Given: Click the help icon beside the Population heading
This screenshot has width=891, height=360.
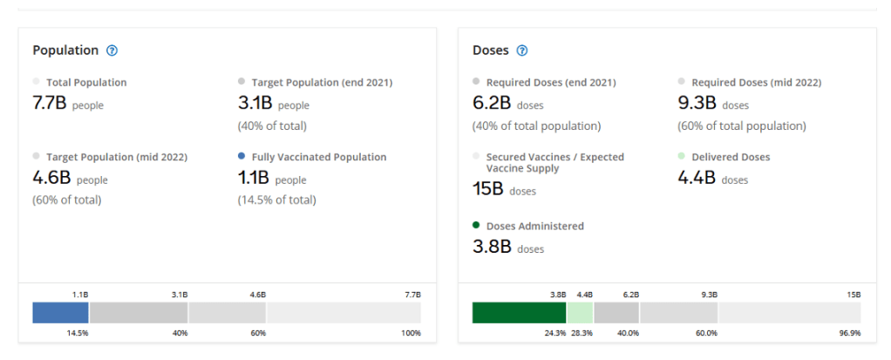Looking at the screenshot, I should point(112,51).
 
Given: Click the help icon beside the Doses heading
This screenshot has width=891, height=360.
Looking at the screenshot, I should point(522,51).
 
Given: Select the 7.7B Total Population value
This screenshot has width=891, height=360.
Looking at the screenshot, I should point(49,103).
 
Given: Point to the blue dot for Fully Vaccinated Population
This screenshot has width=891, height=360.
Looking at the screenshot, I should point(241,157).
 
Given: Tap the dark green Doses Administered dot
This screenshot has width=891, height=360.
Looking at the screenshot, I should point(476,225).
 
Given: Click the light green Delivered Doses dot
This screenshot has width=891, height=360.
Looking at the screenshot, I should point(682,157).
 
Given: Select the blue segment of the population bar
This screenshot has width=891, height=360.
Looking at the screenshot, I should point(60,313).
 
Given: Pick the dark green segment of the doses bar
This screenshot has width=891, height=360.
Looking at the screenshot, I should point(519,313).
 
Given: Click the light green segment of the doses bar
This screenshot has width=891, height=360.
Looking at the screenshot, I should point(580,313).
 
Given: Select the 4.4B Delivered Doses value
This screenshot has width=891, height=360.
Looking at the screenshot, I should point(697,178).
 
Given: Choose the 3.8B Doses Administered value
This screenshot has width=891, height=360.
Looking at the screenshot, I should point(491,247).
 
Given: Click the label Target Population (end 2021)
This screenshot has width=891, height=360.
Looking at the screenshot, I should point(322,82).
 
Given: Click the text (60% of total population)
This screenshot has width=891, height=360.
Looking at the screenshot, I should point(742,126).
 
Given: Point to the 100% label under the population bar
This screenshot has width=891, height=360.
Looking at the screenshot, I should point(411,333).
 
